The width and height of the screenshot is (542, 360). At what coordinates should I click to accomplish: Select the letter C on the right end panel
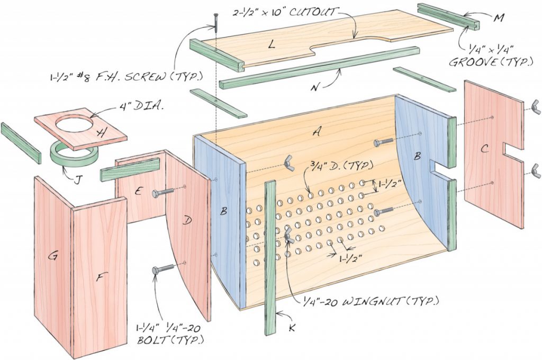[484, 149]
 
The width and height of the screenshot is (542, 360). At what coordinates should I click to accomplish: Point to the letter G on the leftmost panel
[53, 256]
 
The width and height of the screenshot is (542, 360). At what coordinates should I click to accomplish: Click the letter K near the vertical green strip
[291, 328]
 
